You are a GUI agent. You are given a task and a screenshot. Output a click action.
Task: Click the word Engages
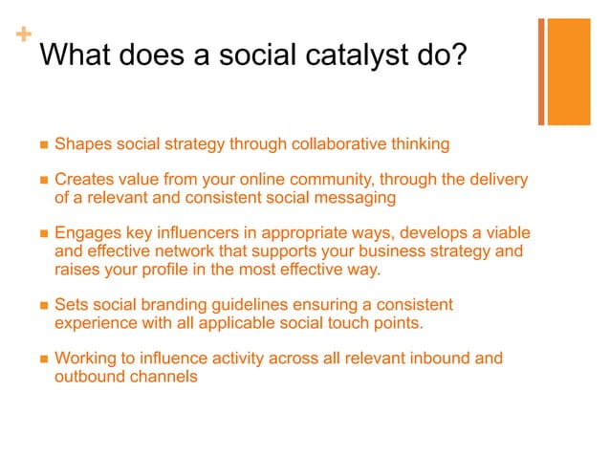[x=87, y=233]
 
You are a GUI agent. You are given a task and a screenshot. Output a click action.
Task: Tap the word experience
[x=96, y=323]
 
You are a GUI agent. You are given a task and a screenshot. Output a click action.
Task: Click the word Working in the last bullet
[x=86, y=359]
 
